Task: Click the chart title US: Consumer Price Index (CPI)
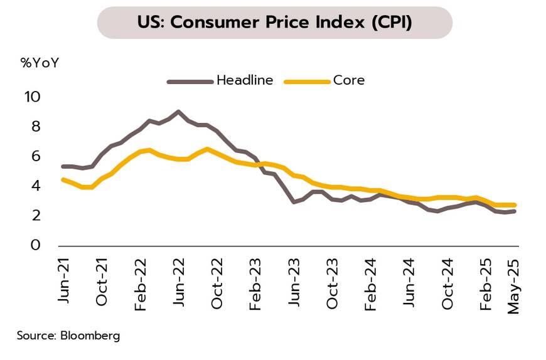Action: pos(274,23)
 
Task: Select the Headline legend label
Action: pos(245,80)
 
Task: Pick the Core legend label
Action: pos(349,80)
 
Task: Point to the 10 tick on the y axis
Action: pos(32,97)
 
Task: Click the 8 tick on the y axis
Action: pos(35,127)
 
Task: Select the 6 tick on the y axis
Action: pos(35,156)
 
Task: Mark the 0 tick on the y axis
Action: pos(35,245)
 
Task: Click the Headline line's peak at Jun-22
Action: pos(178,112)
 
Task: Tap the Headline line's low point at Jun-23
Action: pos(294,202)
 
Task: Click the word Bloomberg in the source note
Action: pos(90,336)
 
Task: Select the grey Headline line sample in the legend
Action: pos(190,81)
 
